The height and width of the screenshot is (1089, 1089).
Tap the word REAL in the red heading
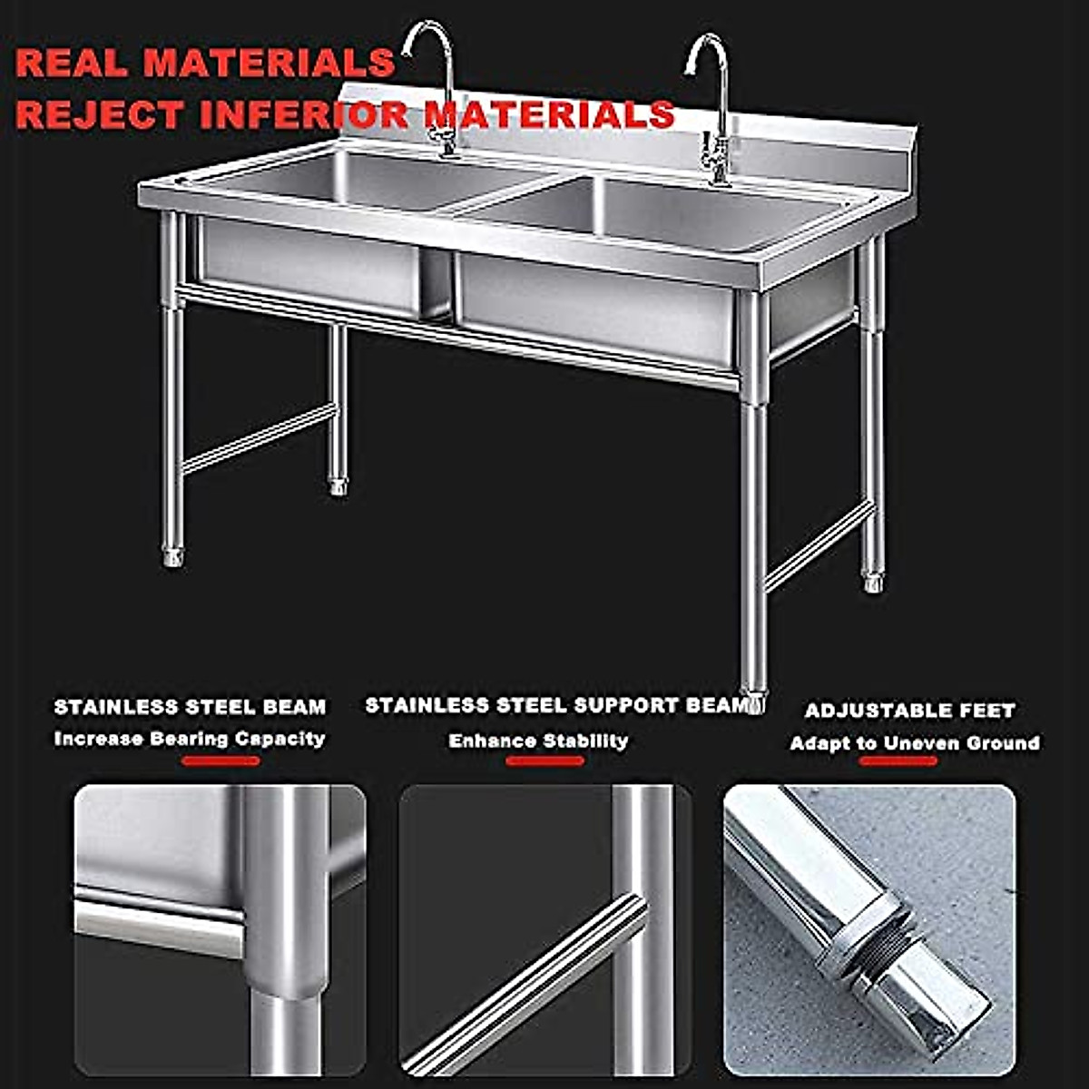pyautogui.click(x=73, y=63)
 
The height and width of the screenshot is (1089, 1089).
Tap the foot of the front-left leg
pyautogui.click(x=173, y=555)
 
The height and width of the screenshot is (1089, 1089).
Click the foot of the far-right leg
pyautogui.click(x=873, y=581)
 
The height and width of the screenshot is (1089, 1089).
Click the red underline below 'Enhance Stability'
pyautogui.click(x=544, y=760)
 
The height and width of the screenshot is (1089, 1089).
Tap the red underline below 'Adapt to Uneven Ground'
pyautogui.click(x=898, y=760)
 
